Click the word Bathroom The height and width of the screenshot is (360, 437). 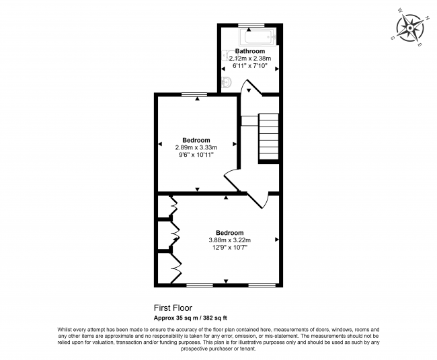pos(249,51)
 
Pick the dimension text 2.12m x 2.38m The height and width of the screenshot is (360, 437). pos(249,59)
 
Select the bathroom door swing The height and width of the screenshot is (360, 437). pos(250,87)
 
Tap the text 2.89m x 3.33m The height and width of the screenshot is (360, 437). pos(196,147)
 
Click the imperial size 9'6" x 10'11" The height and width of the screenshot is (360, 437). pos(196,155)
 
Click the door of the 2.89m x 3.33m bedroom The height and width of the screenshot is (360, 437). pos(232,180)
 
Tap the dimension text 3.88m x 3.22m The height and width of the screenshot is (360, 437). pos(229,240)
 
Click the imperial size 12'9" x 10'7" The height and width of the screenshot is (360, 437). pos(229,247)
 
